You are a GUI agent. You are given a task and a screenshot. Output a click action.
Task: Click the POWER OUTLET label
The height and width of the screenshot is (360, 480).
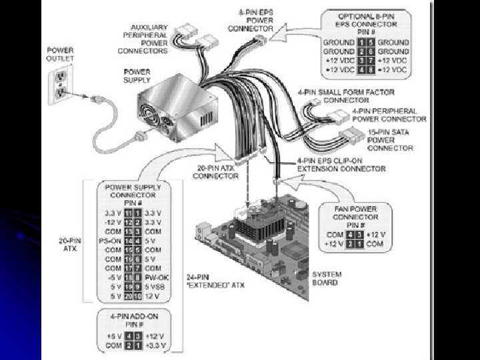(x=61, y=54)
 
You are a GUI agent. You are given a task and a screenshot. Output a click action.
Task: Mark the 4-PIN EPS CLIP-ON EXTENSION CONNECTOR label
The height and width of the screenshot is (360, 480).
(x=341, y=165)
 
